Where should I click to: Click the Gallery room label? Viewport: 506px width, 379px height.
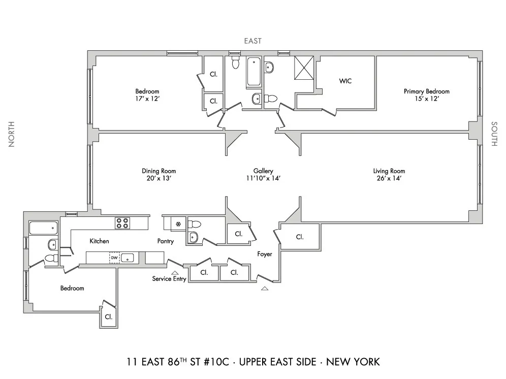click(264, 171)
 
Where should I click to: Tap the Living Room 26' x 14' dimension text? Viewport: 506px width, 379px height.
click(389, 178)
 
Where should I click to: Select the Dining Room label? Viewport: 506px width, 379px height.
click(159, 171)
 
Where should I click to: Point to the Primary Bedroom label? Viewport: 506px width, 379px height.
click(426, 91)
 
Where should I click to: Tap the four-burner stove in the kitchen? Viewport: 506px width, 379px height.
click(122, 223)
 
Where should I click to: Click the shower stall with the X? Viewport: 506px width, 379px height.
click(304, 67)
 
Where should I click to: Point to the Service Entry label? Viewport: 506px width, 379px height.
click(169, 279)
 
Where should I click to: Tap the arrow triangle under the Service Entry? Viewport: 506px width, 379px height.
click(175, 273)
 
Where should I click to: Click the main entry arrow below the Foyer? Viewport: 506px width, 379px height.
click(264, 289)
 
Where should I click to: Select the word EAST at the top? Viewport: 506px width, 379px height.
click(252, 41)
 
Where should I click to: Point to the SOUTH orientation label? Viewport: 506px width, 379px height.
click(493, 134)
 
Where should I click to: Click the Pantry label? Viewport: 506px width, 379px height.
click(166, 241)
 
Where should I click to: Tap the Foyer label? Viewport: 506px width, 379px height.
click(265, 254)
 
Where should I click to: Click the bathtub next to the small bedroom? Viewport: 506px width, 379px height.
click(43, 228)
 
